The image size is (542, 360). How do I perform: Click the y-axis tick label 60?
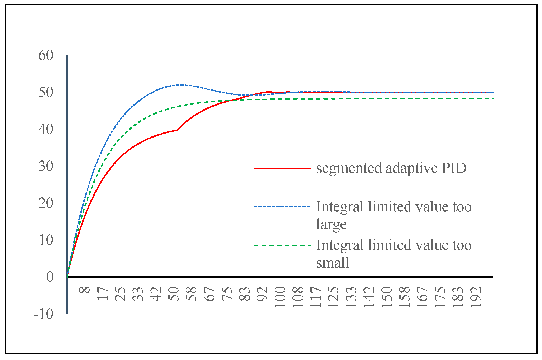46,56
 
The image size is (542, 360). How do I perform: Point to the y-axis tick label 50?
46,93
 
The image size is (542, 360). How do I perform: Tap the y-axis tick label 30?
46,166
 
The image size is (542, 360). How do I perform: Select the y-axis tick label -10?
44,314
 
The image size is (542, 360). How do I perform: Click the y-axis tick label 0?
50,277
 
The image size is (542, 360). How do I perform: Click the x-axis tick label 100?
280,297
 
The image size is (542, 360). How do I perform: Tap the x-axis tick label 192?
476,297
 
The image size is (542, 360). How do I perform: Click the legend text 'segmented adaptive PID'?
391,168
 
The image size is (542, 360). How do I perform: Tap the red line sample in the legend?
282,168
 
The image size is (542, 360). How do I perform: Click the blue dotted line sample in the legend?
282,207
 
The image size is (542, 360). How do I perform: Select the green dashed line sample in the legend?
282,245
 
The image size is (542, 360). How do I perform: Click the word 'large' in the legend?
331,225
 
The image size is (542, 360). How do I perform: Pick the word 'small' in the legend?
333,263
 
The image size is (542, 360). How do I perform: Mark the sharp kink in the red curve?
177,130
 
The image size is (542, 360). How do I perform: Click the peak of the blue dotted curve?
181,85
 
